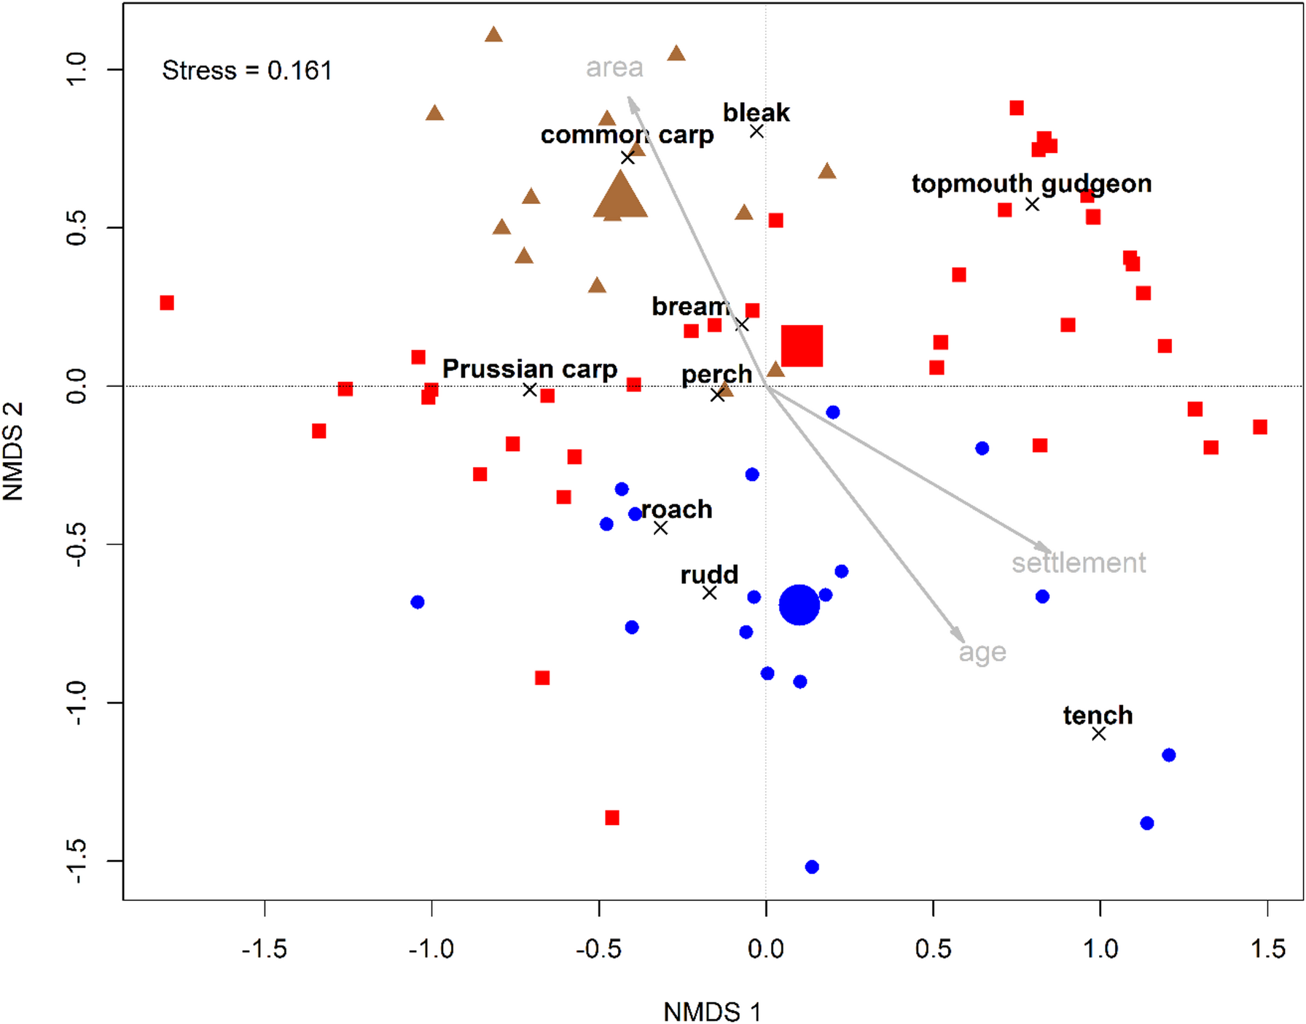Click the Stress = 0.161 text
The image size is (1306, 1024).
click(x=246, y=71)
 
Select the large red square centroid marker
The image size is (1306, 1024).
click(x=802, y=345)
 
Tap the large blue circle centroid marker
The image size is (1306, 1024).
click(x=799, y=604)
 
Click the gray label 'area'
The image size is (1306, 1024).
click(x=614, y=68)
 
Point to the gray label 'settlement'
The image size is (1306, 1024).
click(x=1078, y=563)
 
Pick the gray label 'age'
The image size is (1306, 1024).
click(x=982, y=652)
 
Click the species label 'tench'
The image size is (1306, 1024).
click(x=1098, y=715)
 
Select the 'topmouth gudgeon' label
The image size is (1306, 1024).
click(x=1031, y=184)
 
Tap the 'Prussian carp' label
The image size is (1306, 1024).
click(x=530, y=369)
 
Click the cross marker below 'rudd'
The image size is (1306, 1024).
click(x=709, y=593)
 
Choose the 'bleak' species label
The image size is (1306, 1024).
click(x=756, y=113)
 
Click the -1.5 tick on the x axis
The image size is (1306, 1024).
click(x=265, y=948)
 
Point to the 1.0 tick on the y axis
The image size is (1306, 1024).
click(x=77, y=69)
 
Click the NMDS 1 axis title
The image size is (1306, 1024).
click(x=711, y=1012)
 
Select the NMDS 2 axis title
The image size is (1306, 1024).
click(x=13, y=451)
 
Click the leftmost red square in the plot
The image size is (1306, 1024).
click(x=167, y=302)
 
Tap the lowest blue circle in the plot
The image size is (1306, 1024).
click(x=812, y=867)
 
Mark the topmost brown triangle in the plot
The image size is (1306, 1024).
click(x=493, y=35)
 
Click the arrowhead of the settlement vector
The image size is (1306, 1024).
click(x=1047, y=549)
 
